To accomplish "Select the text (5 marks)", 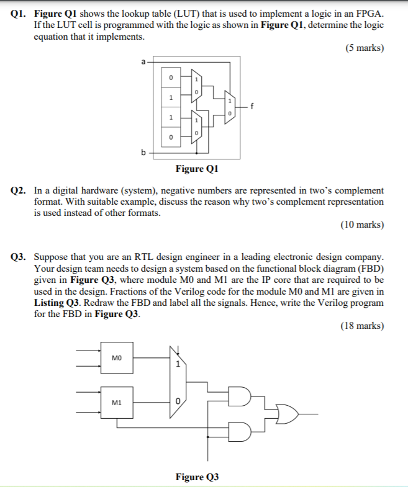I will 363,48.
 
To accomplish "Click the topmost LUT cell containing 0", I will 171,78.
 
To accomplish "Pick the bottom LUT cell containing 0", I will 171,136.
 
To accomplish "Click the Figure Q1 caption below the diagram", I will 197,169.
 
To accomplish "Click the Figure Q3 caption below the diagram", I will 197,476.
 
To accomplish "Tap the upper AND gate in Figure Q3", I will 240,396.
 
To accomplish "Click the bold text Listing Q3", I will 57,302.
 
